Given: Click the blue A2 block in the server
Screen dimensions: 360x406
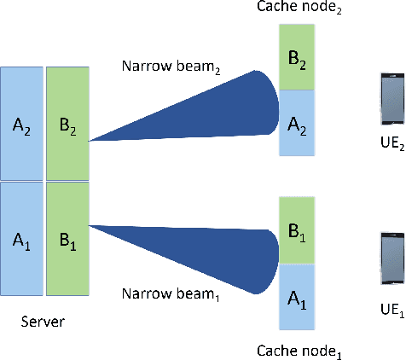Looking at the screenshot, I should [21, 125].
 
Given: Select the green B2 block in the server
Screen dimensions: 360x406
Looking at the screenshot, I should [67, 125].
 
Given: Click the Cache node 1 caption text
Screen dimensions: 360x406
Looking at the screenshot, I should [301, 351].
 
